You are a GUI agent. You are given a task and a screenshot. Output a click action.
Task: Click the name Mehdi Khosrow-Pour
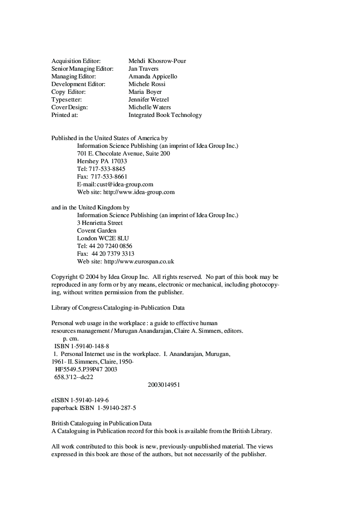click(157, 61)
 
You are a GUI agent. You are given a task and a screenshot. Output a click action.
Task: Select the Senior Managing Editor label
click(82, 69)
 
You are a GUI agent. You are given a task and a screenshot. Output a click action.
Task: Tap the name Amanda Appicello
click(153, 76)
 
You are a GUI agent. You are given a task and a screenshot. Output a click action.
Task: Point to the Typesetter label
click(66, 99)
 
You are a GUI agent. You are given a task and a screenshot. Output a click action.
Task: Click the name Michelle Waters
click(150, 107)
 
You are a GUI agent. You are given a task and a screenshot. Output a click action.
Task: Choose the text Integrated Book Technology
click(165, 115)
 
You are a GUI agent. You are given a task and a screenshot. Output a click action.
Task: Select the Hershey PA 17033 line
click(102, 161)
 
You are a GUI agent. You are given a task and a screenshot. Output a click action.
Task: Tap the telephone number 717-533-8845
click(107, 169)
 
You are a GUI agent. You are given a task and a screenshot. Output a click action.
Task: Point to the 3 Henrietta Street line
click(100, 223)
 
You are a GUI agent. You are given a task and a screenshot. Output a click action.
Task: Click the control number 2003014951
click(164, 385)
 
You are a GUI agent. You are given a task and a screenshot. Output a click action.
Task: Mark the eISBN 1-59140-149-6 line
click(80, 400)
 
